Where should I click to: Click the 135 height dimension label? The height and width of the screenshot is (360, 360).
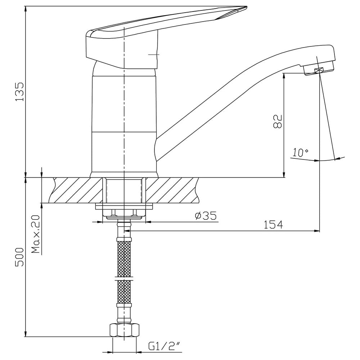[19, 91]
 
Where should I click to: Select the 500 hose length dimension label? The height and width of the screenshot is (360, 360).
[19, 257]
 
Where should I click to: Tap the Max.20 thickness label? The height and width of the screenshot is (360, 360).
[36, 234]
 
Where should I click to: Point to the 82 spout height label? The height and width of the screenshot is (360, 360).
[278, 121]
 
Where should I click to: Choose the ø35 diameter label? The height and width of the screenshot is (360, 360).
[206, 216]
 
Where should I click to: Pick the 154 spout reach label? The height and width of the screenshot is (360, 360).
[273, 225]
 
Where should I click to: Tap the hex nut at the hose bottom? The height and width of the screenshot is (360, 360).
[125, 330]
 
